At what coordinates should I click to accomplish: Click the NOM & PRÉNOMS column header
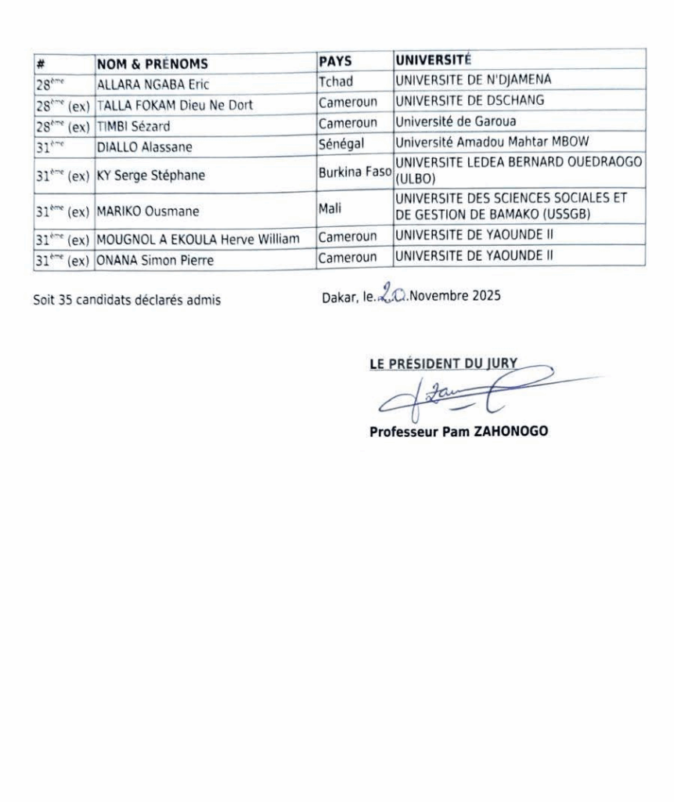[153, 65]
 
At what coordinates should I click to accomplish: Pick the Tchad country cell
[337, 81]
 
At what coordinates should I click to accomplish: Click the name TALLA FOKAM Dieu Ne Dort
[175, 106]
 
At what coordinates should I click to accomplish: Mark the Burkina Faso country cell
[354, 172]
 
